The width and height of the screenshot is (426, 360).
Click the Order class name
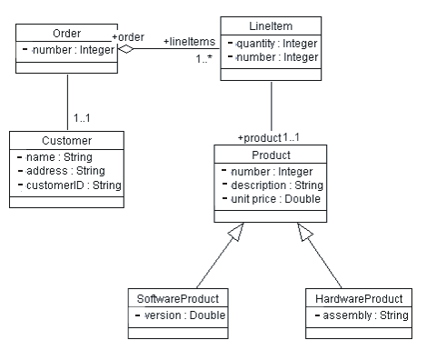click(x=67, y=33)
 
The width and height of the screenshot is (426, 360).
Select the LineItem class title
click(x=271, y=24)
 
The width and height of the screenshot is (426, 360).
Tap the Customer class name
click(x=67, y=141)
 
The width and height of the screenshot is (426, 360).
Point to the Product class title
click(x=271, y=155)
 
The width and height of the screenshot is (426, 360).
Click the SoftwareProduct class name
click(x=178, y=298)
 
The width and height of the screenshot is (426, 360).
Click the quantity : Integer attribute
click(x=275, y=42)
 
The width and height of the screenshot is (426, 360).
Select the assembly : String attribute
click(x=361, y=315)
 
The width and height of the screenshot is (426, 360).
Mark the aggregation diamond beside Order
click(x=126, y=48)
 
